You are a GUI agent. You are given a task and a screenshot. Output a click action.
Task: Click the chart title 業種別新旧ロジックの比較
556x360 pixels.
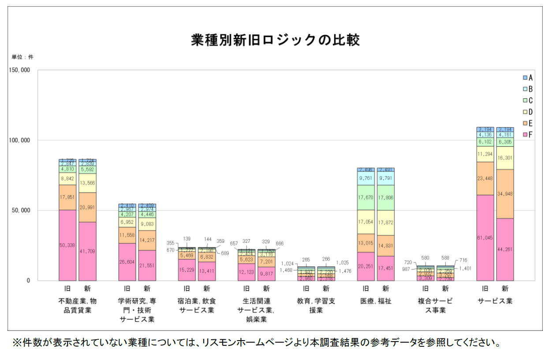(x=276, y=40)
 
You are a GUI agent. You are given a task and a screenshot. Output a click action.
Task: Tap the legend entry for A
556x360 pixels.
(x=528, y=78)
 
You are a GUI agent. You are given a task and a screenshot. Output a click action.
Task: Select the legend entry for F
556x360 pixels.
(x=528, y=135)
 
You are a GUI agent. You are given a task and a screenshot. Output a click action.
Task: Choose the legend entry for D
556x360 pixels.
(x=528, y=112)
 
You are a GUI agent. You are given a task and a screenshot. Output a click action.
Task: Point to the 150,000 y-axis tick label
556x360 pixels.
(x=19, y=71)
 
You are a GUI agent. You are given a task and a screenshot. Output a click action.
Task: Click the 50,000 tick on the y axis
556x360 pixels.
(x=21, y=211)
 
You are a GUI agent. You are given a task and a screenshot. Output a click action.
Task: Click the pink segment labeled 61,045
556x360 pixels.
(x=485, y=238)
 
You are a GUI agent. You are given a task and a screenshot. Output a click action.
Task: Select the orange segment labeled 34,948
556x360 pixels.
(x=505, y=194)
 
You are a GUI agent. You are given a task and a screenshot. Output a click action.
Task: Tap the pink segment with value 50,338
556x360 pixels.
(x=67, y=245)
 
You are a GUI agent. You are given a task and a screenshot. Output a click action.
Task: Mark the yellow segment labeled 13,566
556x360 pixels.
(x=87, y=183)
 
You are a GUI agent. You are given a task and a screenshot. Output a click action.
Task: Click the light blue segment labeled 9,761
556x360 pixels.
(x=366, y=178)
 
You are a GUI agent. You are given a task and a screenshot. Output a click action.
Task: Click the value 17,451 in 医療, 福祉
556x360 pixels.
(x=386, y=268)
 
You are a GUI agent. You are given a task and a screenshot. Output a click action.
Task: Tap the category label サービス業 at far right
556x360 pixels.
(x=495, y=301)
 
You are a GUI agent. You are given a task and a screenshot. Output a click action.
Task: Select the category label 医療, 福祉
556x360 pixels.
(x=376, y=301)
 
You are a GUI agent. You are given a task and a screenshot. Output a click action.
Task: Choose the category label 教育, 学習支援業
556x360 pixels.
(x=316, y=305)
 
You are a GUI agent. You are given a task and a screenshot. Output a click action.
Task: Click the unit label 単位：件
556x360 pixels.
(x=22, y=57)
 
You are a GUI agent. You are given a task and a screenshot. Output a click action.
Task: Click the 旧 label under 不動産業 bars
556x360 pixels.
(x=67, y=289)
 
